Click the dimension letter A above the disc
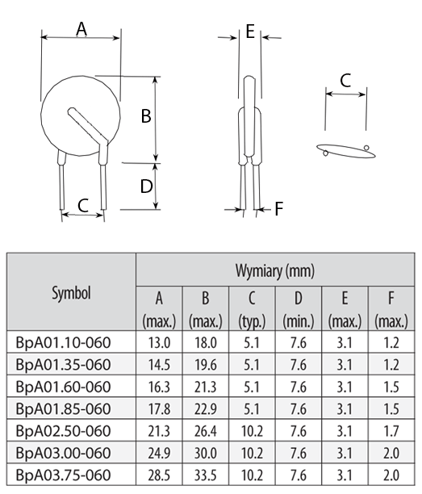[81, 29]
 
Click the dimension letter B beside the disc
[146, 115]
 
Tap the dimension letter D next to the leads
[146, 186]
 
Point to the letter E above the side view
[250, 31]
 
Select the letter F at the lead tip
[279, 208]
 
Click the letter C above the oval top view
[345, 81]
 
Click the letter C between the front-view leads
[83, 205]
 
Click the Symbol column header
[72, 293]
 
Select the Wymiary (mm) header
[275, 270]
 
